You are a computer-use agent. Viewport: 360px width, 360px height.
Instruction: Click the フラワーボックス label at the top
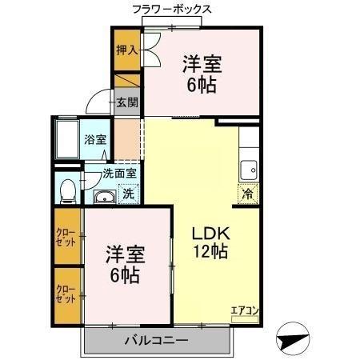pyautogui.click(x=172, y=10)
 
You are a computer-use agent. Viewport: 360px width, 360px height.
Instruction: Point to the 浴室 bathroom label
pyautogui.click(x=95, y=139)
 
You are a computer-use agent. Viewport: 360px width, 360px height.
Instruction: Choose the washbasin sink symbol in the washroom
pyautogui.click(x=103, y=198)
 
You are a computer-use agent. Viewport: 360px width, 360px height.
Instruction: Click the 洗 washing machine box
pyautogui.click(x=127, y=193)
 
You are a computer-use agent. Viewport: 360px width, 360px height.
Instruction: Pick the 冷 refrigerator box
pyautogui.click(x=248, y=193)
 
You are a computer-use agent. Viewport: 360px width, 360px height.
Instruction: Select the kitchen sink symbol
pyautogui.click(x=249, y=170)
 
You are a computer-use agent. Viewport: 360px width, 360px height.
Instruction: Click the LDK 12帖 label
pyautogui.click(x=211, y=242)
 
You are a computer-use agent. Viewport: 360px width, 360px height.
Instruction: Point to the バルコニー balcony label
pyautogui.click(x=156, y=341)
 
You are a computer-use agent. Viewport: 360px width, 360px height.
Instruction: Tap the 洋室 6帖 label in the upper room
pyautogui.click(x=202, y=72)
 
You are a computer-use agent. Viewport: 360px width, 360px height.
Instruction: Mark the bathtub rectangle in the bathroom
pyautogui.click(x=67, y=140)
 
